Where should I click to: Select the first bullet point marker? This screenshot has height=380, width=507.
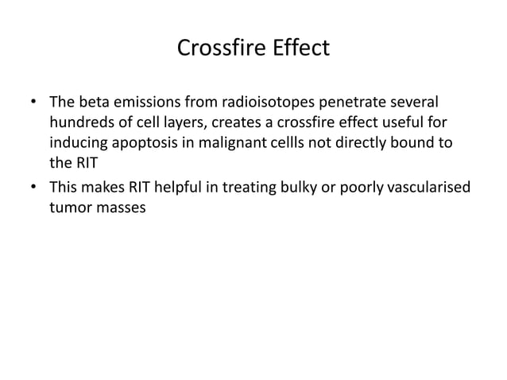coord(33,103)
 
